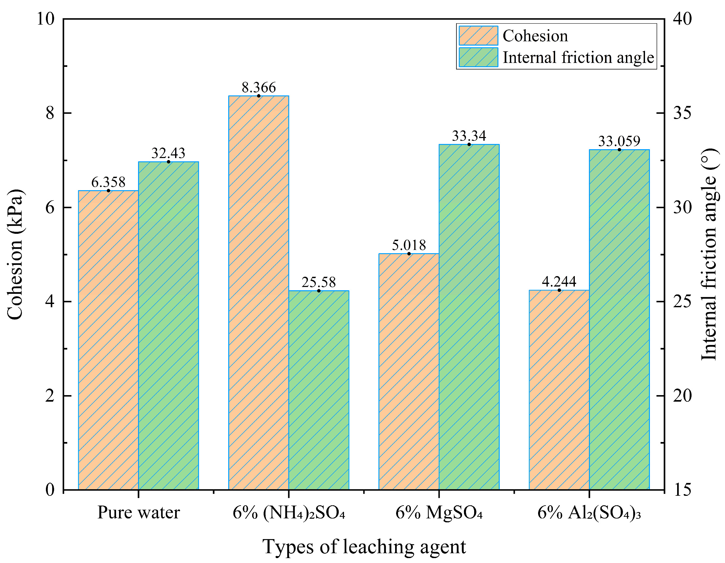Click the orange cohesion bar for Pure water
pyautogui.click(x=108, y=340)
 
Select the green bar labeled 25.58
pyautogui.click(x=319, y=390)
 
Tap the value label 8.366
pyautogui.click(x=259, y=88)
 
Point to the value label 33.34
pyautogui.click(x=469, y=136)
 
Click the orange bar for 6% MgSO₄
pyautogui.click(x=409, y=372)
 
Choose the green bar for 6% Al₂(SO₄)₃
pyautogui.click(x=619, y=320)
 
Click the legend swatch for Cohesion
pyautogui.click(x=478, y=35)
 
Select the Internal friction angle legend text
pyautogui.click(x=578, y=57)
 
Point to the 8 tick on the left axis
pyautogui.click(x=50, y=113)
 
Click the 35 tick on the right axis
pyautogui.click(x=682, y=113)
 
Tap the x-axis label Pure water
pyautogui.click(x=138, y=513)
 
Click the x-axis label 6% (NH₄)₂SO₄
pyautogui.click(x=289, y=513)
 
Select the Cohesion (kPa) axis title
pyautogui.click(x=15, y=254)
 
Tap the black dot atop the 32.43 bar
pyautogui.click(x=168, y=162)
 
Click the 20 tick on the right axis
pyautogui.click(x=682, y=396)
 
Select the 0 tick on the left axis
pyautogui.click(x=50, y=490)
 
